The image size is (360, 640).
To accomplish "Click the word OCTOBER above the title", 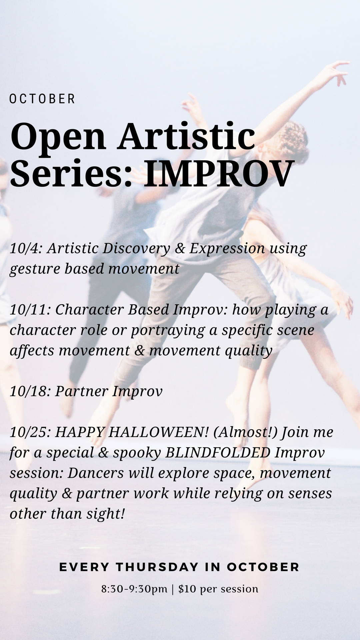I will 42,99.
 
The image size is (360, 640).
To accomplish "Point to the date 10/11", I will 29,310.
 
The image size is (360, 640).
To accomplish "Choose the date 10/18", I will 29,391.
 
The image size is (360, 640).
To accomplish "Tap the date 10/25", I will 29,432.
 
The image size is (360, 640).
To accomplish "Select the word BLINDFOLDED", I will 218,453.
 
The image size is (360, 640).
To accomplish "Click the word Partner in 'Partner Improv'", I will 81,391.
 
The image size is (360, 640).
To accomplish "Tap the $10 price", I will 187,589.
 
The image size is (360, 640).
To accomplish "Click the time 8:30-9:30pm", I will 134,589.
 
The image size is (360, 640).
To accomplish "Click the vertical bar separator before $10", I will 173,589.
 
